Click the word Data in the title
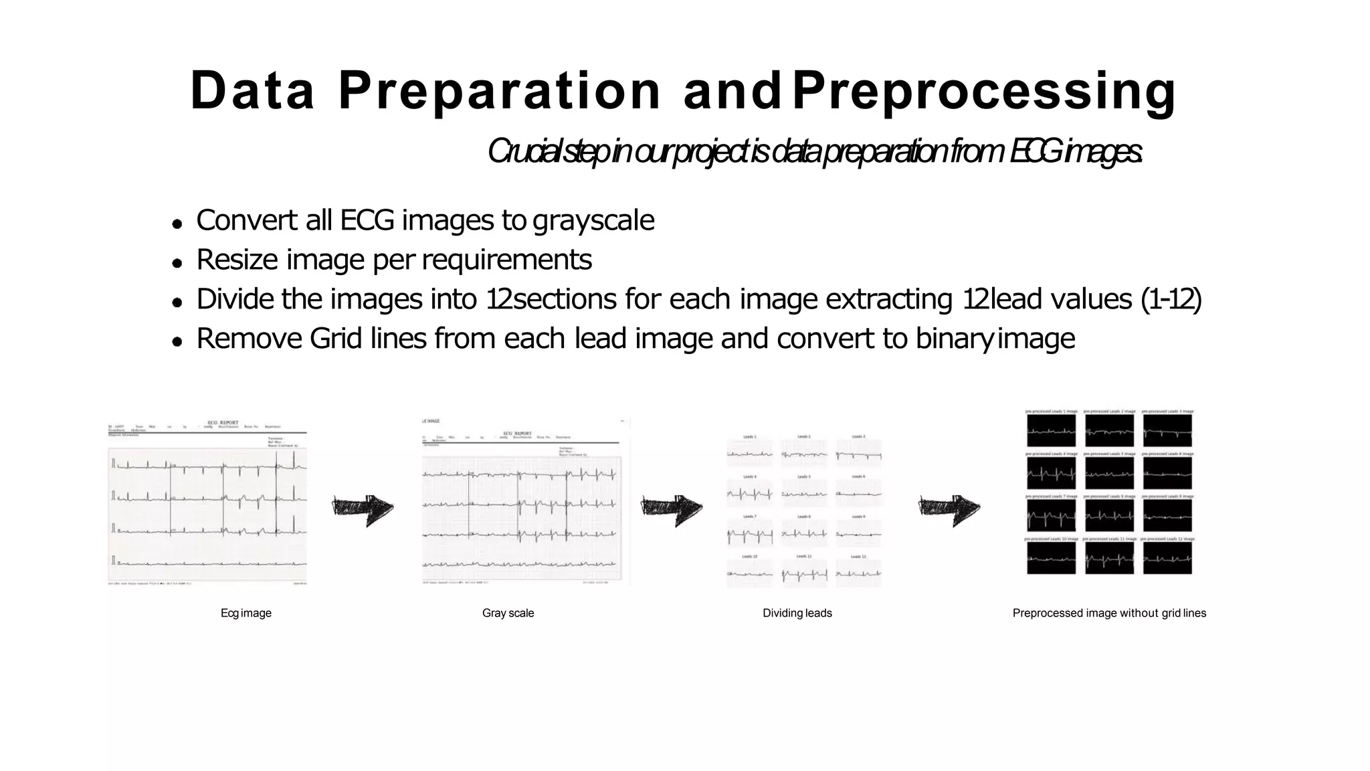click(x=252, y=90)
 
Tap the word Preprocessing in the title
click(x=983, y=92)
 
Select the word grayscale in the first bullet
click(x=593, y=220)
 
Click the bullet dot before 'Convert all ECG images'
click(x=177, y=224)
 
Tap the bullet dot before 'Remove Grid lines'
click(x=177, y=341)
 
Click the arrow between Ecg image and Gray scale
click(x=363, y=510)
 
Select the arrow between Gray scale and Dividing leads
click(x=672, y=510)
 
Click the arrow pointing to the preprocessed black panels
click(x=949, y=510)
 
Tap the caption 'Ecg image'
click(x=246, y=613)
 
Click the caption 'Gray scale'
click(x=508, y=613)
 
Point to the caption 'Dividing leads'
click(x=797, y=613)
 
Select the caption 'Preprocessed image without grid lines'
click(x=1109, y=613)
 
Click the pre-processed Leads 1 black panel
click(x=1052, y=430)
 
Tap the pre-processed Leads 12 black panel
click(x=1167, y=558)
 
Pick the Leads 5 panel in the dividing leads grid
click(x=804, y=494)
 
